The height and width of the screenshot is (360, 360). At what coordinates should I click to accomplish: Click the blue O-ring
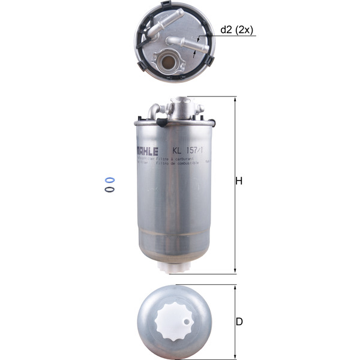coord(109,179)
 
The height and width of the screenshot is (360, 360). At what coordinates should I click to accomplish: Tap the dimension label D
coord(239,322)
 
